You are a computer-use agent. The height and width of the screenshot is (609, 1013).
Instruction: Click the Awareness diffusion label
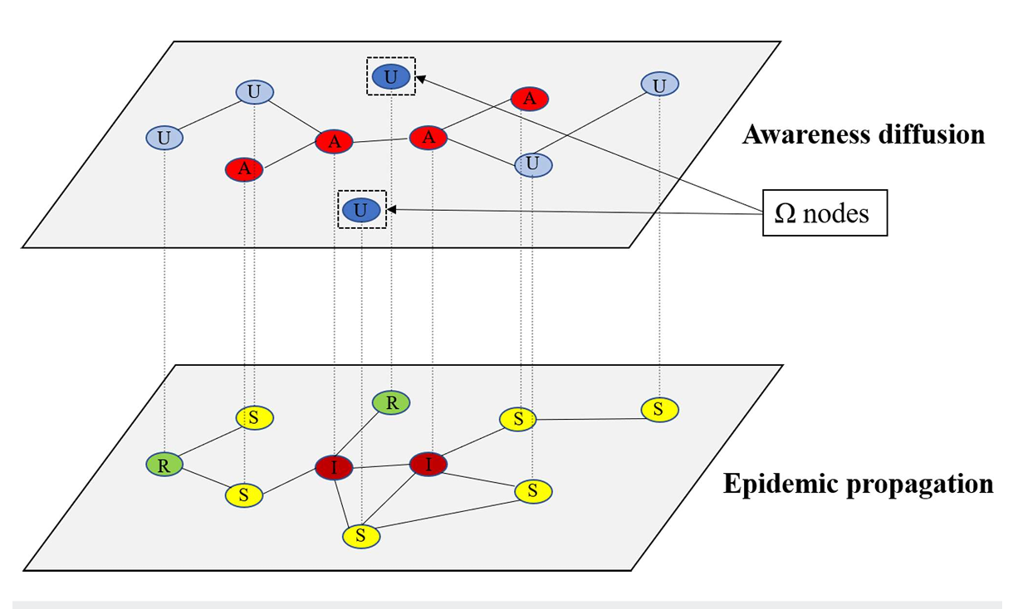863,134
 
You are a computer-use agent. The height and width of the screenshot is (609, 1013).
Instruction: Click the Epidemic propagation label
858,484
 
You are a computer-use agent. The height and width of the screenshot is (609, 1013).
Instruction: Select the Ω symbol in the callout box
785,213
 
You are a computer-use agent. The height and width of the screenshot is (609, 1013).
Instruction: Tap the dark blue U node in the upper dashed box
391,76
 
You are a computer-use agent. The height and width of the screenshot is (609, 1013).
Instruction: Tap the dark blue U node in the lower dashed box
360,210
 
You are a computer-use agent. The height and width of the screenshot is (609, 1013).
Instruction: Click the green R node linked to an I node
391,402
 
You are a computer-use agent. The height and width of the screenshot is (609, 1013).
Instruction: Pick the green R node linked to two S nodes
164,465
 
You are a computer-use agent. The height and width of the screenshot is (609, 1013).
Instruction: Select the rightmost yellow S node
659,408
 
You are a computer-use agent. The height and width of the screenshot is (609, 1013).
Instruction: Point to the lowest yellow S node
361,536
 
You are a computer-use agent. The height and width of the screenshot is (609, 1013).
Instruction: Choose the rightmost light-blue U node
660,84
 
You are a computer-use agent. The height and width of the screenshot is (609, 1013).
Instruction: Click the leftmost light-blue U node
164,138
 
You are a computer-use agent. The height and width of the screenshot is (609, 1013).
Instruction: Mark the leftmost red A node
244,169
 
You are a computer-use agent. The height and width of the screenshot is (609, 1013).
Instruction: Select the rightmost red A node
529,99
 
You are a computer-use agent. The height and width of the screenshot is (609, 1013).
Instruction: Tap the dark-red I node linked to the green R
334,468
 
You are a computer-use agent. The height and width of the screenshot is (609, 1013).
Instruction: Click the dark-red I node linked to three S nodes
428,464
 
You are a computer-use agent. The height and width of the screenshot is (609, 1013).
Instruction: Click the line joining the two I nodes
381,465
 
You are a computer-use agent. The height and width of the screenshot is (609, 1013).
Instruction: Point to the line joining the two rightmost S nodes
589,418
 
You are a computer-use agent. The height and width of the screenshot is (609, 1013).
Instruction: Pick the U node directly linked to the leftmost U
254,91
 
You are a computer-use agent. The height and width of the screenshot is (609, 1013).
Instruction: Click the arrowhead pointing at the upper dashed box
420,78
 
